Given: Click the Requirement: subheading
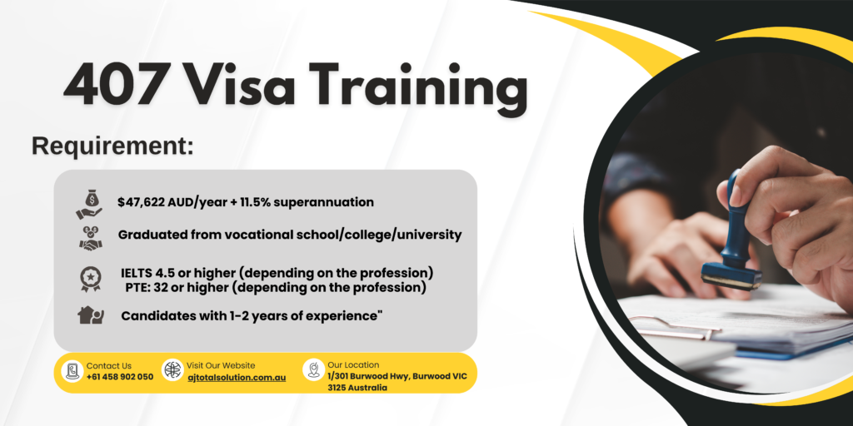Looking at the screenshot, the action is pyautogui.click(x=112, y=146).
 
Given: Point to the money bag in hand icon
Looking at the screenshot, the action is pyautogui.click(x=88, y=203).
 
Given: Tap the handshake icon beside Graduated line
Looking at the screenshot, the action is pyautogui.click(x=91, y=237).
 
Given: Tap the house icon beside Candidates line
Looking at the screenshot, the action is pyautogui.click(x=91, y=315).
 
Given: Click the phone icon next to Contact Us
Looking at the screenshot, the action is pyautogui.click(x=72, y=371).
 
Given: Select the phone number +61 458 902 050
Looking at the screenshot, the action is pyautogui.click(x=120, y=377).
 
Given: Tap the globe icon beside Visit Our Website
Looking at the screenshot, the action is pyautogui.click(x=172, y=370).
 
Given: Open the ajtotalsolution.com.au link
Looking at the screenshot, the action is pyautogui.click(x=236, y=377).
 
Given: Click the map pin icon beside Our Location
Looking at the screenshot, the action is pyautogui.click(x=313, y=370).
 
